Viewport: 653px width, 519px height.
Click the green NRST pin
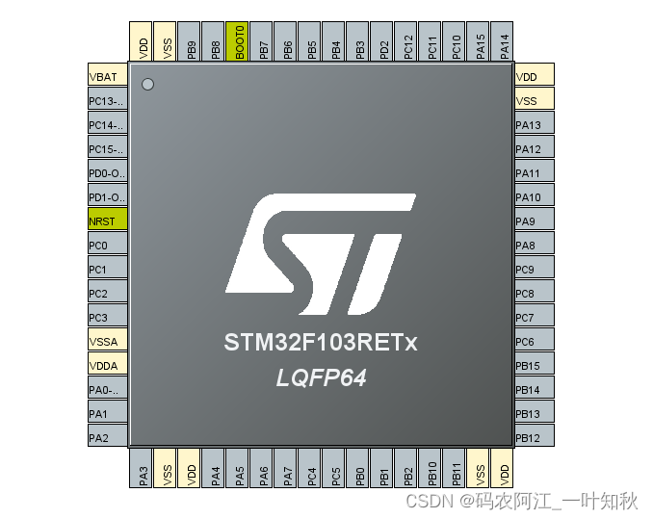[x=106, y=221]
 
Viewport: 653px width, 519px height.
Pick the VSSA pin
[x=106, y=342]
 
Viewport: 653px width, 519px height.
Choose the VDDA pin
[x=106, y=366]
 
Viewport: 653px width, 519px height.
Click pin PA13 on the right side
[x=534, y=125]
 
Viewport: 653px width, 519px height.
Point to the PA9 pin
[x=534, y=221]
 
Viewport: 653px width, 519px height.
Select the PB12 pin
[x=534, y=438]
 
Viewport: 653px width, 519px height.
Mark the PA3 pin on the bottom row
[x=142, y=468]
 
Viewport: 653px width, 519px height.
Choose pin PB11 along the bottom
[x=455, y=468]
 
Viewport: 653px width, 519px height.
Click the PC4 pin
[x=310, y=468]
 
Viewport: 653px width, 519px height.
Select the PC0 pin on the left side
[x=106, y=246]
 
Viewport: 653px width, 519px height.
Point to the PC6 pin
[x=534, y=342]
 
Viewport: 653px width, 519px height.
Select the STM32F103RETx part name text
[x=322, y=343]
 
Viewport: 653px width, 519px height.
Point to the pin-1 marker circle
[x=147, y=85]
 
